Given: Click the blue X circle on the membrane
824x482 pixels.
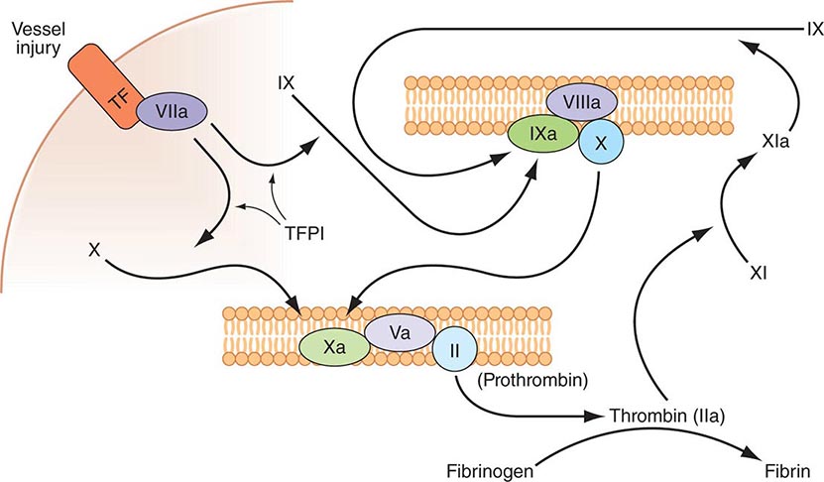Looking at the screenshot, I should [x=599, y=142].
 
